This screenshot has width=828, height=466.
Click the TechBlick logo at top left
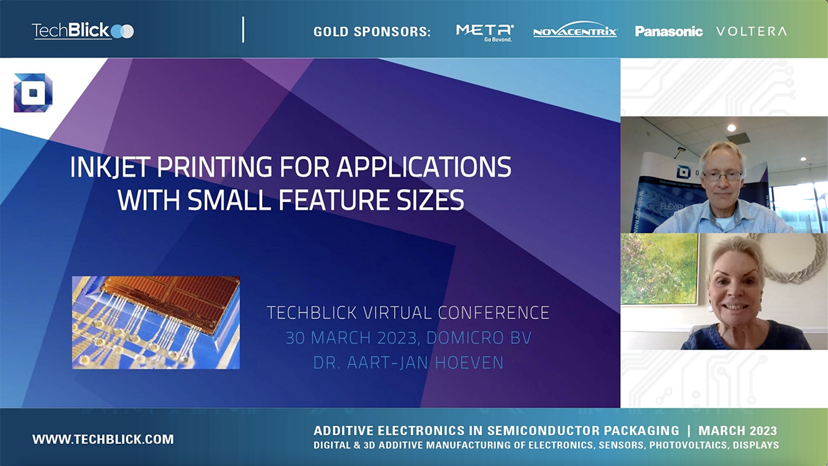(x=82, y=30)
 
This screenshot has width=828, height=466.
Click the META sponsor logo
(x=485, y=31)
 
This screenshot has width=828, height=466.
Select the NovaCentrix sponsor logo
(x=575, y=31)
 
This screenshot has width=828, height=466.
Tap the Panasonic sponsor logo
(x=668, y=31)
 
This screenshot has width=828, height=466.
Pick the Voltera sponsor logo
(x=751, y=31)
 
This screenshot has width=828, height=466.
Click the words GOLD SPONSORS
(x=372, y=32)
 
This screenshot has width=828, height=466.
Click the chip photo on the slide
(x=156, y=322)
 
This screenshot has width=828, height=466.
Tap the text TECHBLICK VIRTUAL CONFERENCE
(x=408, y=313)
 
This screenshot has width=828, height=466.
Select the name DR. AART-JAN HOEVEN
(x=408, y=363)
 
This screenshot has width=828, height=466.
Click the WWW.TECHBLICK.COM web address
(x=103, y=439)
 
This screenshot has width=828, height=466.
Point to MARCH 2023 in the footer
(x=737, y=431)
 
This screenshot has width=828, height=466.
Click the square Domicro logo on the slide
(x=33, y=93)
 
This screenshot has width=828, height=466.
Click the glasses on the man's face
(x=721, y=175)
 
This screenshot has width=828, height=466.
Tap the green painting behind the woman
(x=659, y=269)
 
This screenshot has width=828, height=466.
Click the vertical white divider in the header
(x=243, y=30)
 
